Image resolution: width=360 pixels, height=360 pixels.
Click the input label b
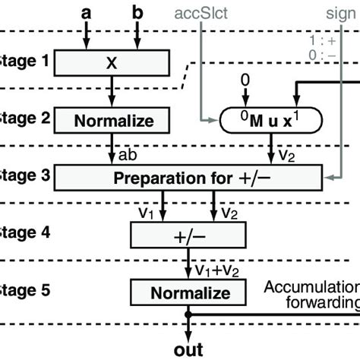click(x=137, y=13)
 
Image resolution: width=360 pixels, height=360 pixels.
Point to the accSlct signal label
click(x=201, y=14)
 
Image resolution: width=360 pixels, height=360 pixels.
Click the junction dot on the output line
click(x=188, y=312)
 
